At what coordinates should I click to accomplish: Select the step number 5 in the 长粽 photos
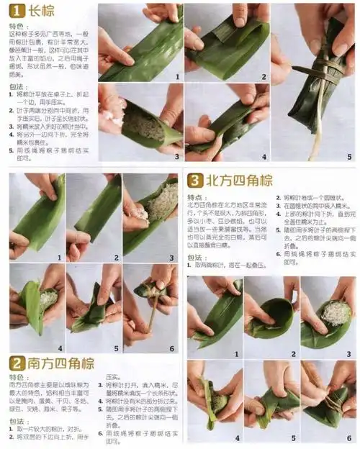tap(350, 156)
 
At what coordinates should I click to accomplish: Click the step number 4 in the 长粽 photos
tap(264, 156)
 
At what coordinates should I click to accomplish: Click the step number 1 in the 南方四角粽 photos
tap(57, 257)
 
